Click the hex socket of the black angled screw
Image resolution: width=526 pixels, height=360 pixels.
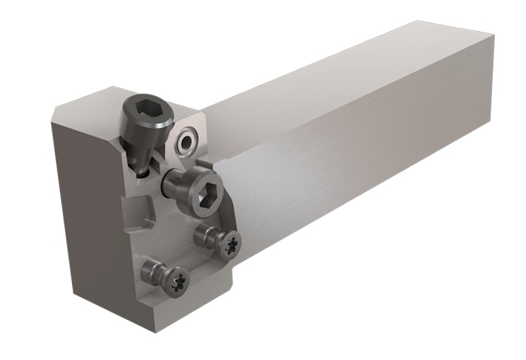(x=146, y=111)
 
